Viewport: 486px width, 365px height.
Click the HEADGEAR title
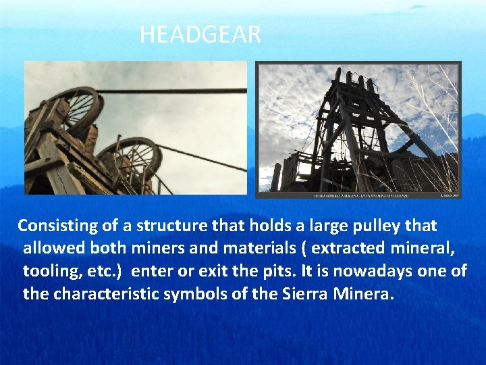tap(200, 34)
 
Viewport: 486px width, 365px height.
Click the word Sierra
tap(307, 294)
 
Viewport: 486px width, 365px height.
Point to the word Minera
tap(365, 294)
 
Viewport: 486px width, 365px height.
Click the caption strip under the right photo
tap(358, 195)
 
